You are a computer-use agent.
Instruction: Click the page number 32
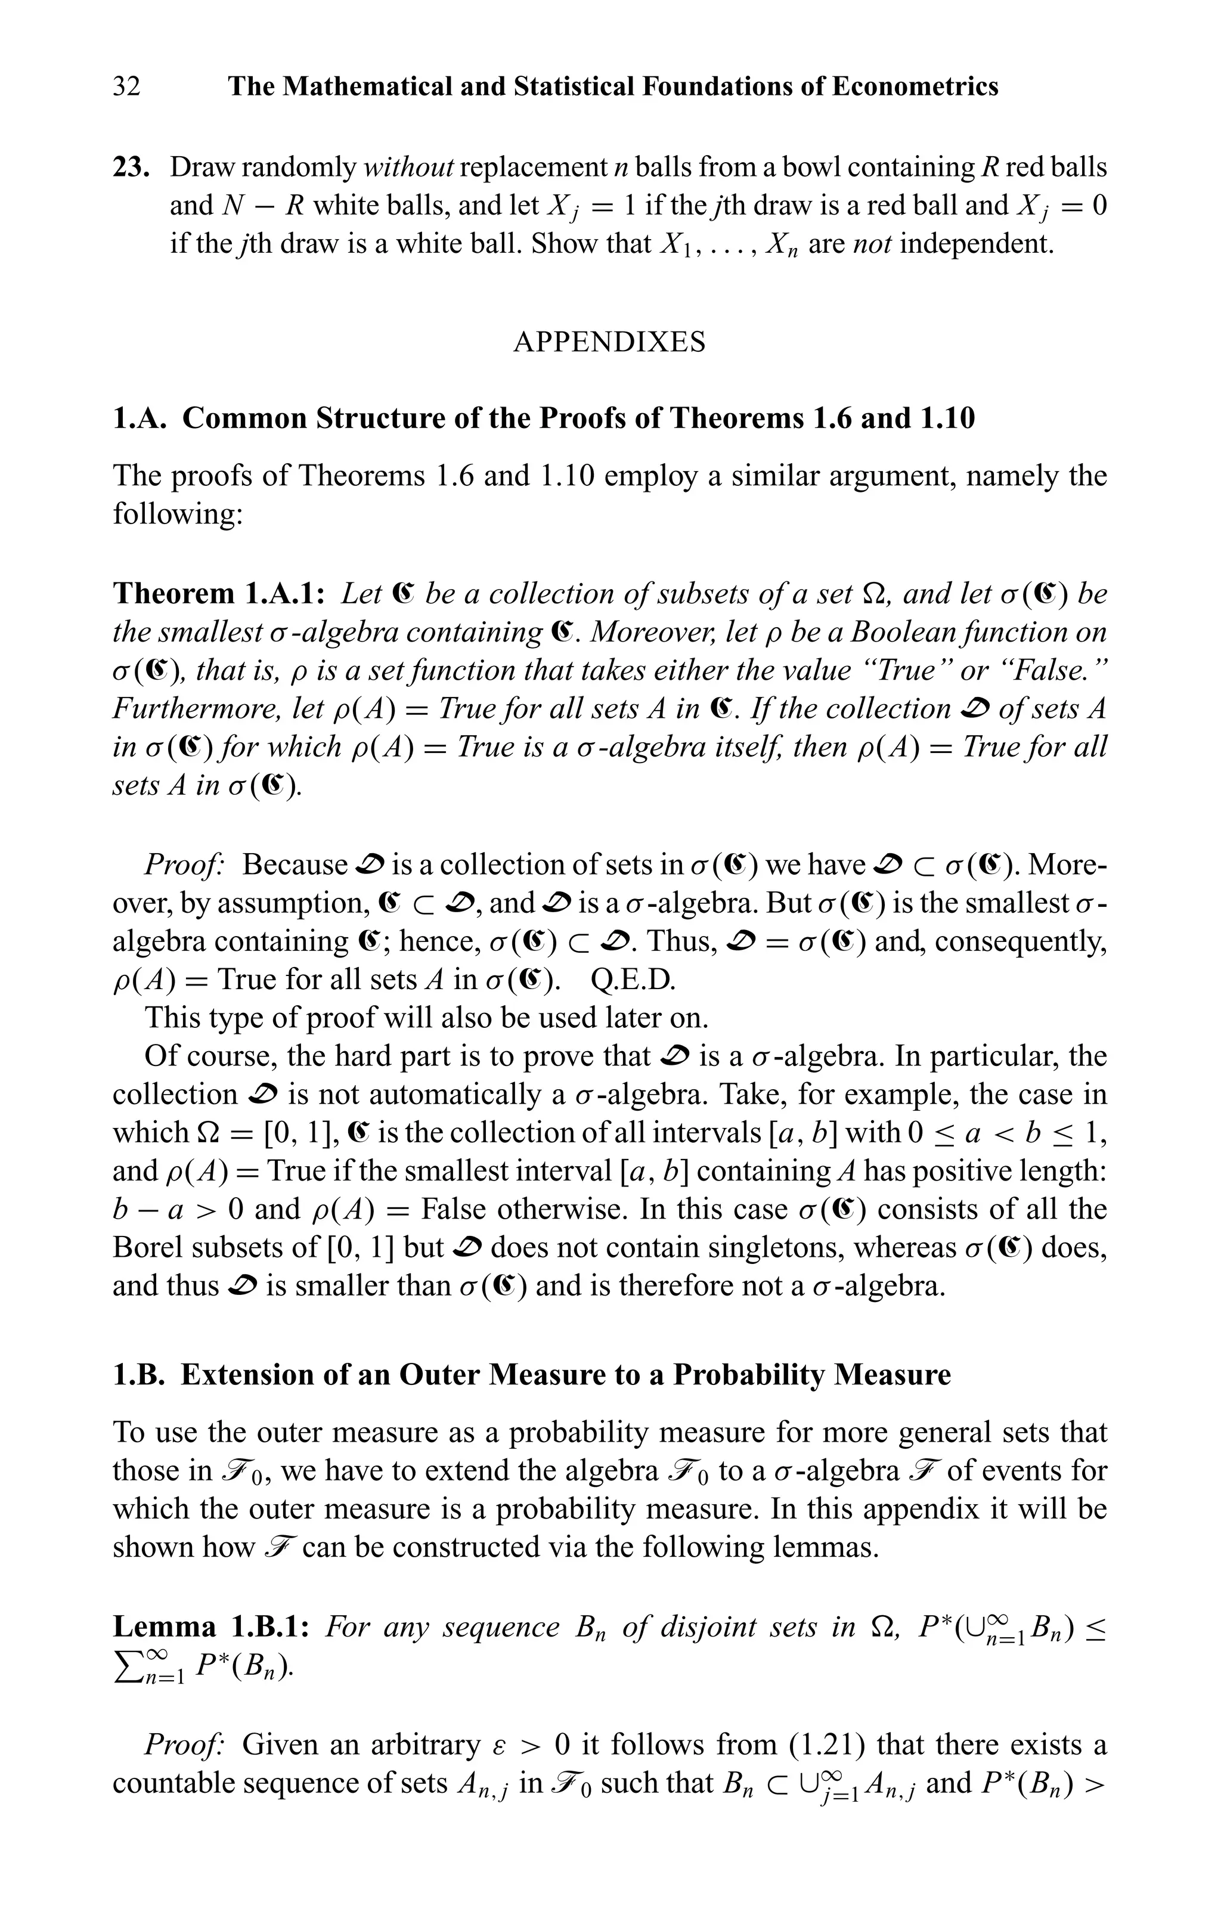126,86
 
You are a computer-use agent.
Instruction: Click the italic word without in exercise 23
408,168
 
